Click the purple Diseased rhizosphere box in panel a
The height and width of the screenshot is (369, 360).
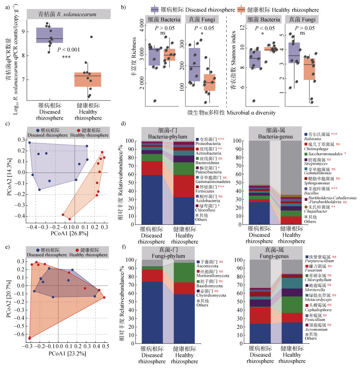pos(50,35)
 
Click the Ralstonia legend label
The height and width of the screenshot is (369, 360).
pos(313,141)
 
